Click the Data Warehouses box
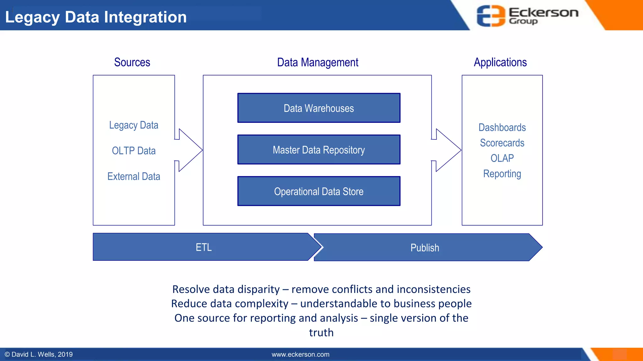point(319,108)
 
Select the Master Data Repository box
point(319,150)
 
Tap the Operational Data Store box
point(319,191)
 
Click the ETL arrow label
point(204,247)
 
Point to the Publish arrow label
point(425,248)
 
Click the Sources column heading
point(132,62)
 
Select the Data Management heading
point(317,62)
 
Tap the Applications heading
point(500,62)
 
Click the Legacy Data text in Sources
point(134,125)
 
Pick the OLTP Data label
point(134,151)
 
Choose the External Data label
point(134,176)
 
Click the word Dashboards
point(502,128)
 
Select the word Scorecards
point(502,143)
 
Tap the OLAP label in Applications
point(502,158)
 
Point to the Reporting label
point(502,174)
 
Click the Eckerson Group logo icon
point(491,16)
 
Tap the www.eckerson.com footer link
point(300,354)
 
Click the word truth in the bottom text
point(321,332)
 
